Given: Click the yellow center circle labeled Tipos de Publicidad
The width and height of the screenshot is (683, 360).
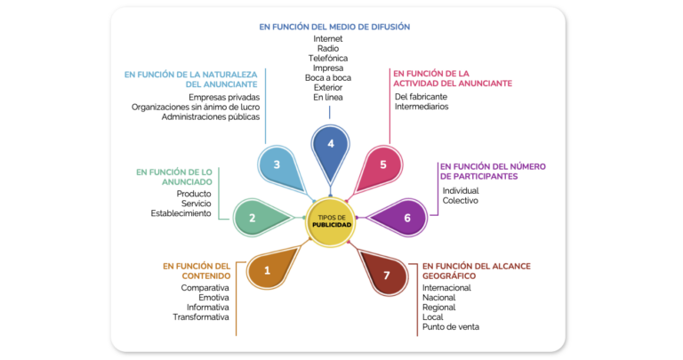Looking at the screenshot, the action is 330,222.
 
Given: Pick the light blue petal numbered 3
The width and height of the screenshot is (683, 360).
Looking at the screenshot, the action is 281,169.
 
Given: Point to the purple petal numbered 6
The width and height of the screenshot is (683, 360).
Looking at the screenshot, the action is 401,218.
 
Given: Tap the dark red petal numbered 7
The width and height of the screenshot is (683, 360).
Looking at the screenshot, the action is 383,272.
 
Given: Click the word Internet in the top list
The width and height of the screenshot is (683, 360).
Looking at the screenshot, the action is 327,39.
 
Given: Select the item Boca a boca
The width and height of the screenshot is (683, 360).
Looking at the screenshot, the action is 327,78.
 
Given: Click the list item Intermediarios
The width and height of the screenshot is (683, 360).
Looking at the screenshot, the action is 422,107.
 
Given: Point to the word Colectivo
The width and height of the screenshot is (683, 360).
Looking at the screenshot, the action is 460,201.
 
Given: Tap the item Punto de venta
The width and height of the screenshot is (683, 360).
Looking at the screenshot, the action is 450,327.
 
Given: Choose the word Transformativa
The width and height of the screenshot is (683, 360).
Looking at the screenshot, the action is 201,317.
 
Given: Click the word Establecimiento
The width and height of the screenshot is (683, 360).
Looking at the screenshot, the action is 181,213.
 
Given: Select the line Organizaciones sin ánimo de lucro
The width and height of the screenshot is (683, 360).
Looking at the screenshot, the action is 196,107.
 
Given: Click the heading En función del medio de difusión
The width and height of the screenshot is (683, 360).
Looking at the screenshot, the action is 334,27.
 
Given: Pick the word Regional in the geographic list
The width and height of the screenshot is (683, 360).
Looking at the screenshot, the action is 438,308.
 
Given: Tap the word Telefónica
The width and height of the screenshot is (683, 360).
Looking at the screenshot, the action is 327,59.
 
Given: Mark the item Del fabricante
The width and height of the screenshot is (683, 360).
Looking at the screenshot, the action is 421,97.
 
